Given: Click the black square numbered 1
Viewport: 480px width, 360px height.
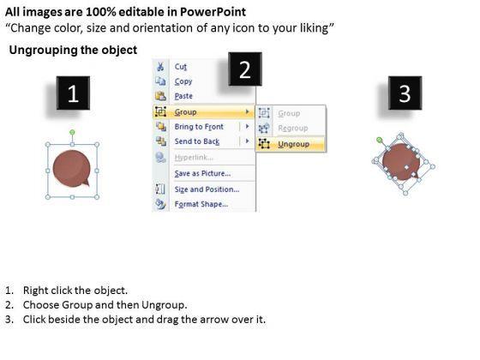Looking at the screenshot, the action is click(x=73, y=93).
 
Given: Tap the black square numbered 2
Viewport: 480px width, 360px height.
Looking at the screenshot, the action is click(x=245, y=69).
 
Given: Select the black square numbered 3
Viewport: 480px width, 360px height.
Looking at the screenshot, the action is click(x=405, y=93).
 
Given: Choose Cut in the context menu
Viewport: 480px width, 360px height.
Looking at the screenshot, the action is click(x=180, y=67).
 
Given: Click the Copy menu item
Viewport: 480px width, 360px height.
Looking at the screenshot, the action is click(x=183, y=81).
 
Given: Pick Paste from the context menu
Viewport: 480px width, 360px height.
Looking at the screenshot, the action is click(x=183, y=96).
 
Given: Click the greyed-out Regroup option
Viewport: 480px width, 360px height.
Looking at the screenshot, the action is click(x=292, y=128).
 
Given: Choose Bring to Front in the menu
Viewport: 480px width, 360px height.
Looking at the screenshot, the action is click(x=199, y=127).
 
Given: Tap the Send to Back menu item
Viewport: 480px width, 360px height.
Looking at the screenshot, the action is click(x=197, y=141).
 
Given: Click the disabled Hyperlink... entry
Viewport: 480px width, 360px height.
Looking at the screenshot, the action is click(x=194, y=158).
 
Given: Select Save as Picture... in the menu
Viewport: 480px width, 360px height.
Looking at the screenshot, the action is click(x=202, y=173).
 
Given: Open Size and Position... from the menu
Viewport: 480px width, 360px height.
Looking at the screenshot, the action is click(x=207, y=189).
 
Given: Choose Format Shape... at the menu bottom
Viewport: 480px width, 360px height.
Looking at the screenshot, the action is click(x=201, y=204).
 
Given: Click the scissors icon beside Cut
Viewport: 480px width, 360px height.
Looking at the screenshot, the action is click(x=160, y=67).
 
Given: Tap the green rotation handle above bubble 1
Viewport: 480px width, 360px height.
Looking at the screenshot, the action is click(x=72, y=132).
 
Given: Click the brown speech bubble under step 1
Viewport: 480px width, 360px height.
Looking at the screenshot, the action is click(x=72, y=168).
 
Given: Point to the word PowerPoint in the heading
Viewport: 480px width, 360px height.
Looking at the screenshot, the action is click(x=213, y=12).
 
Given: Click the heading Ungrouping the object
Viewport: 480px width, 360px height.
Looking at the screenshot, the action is click(x=73, y=50).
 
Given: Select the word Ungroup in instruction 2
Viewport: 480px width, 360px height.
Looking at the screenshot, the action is click(x=164, y=305).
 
